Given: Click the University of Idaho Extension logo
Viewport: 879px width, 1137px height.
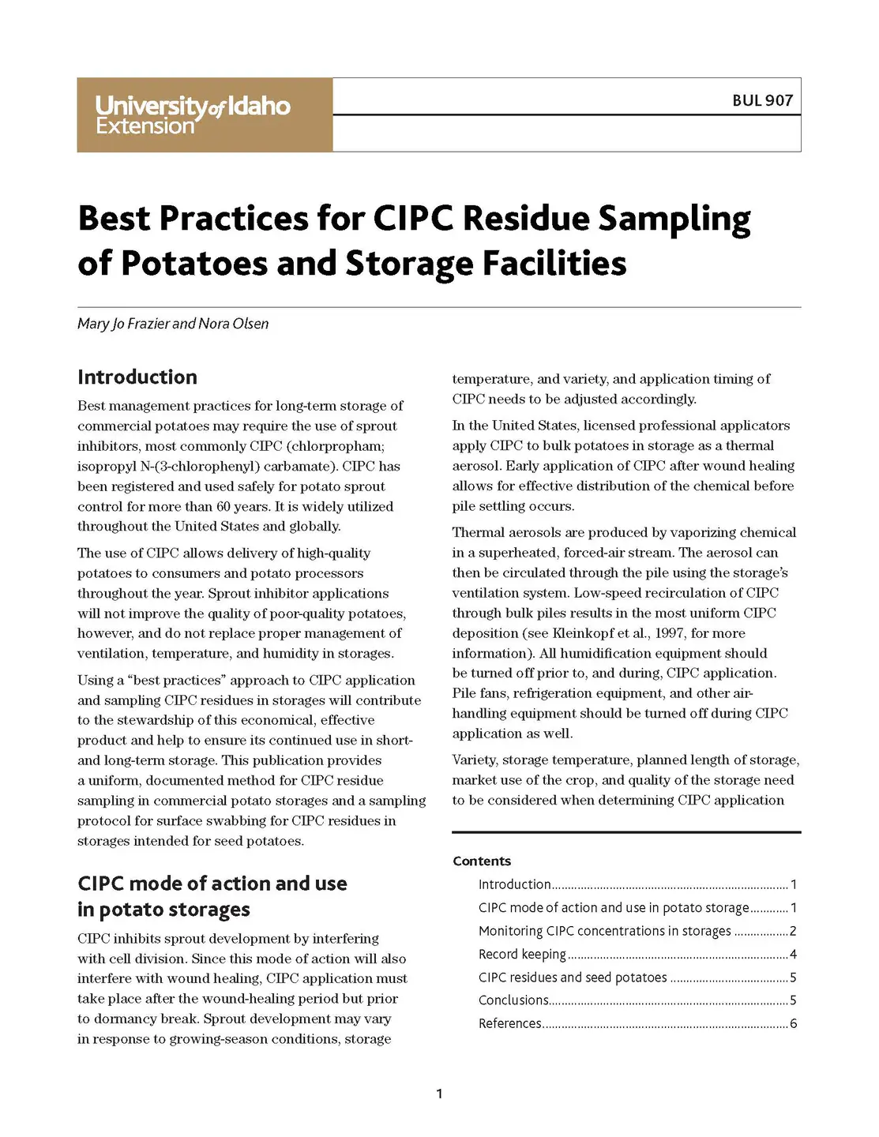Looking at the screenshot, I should click(x=193, y=114).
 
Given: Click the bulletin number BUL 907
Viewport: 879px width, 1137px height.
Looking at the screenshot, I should click(x=761, y=100).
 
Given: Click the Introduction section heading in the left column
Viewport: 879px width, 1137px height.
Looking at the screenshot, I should click(x=137, y=377).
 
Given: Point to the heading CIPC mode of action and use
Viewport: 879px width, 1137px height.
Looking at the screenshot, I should click(x=212, y=884).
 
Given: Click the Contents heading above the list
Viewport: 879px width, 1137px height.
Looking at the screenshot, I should click(x=482, y=861).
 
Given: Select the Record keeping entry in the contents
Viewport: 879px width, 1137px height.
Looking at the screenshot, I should click(x=522, y=954).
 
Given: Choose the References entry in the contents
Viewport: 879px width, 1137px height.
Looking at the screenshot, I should click(x=510, y=1023).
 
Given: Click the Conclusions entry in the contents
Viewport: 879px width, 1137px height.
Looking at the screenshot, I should click(x=513, y=1000).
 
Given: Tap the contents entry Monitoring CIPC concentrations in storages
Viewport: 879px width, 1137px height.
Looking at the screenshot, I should click(x=604, y=931).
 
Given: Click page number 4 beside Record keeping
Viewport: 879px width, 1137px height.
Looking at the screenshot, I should click(x=793, y=954).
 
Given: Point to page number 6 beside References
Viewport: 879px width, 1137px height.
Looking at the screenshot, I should click(x=793, y=1023).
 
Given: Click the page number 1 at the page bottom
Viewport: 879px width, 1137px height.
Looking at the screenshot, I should click(x=439, y=1094).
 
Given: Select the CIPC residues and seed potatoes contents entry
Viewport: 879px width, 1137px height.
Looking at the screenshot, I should click(x=573, y=978).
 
